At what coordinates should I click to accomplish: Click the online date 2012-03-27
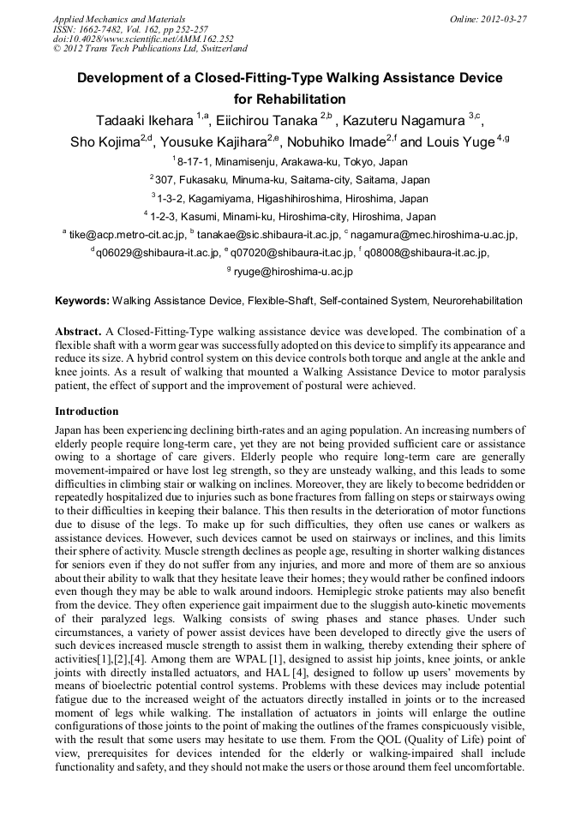pos(503,18)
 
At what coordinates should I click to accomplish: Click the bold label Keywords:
pos(82,302)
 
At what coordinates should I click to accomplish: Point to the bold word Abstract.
pos(79,331)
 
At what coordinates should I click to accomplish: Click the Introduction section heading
pos(87,411)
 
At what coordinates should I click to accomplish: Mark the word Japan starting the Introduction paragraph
pos(69,427)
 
